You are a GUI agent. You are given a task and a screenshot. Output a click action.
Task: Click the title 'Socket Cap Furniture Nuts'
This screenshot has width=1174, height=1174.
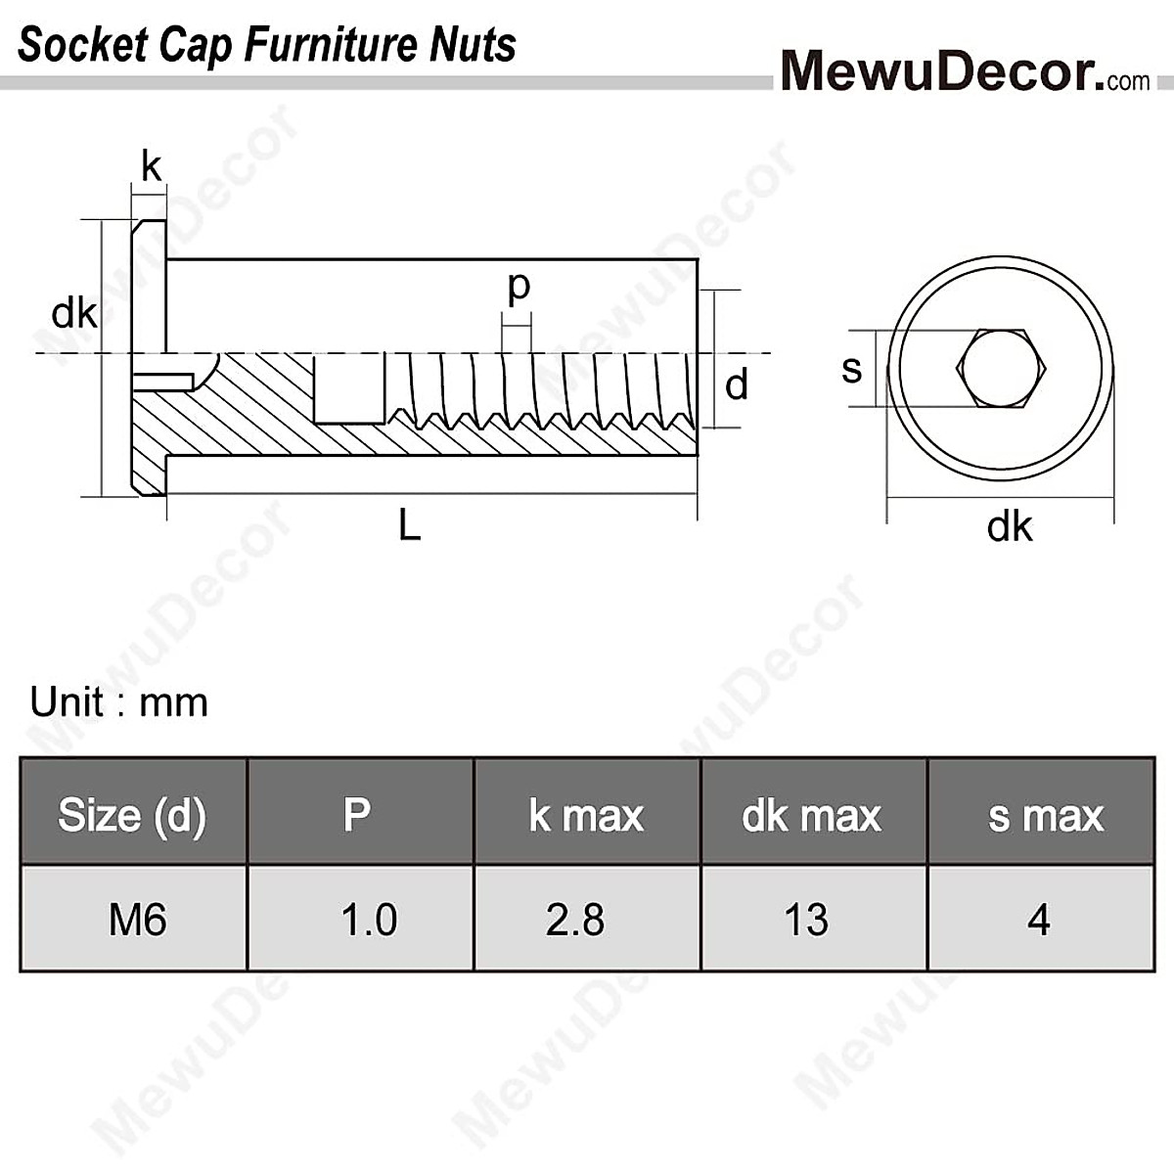(x=266, y=45)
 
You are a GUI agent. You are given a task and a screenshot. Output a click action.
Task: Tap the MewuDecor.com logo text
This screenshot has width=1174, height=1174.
(x=965, y=70)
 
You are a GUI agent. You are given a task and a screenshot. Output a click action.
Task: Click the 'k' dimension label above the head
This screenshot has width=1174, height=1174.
(x=151, y=167)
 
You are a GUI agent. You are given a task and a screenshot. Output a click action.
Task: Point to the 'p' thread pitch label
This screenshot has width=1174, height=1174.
(x=519, y=287)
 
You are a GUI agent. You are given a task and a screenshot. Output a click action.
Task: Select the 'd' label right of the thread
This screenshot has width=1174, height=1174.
(x=737, y=384)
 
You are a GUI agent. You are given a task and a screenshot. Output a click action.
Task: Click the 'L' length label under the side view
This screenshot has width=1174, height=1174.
(x=409, y=526)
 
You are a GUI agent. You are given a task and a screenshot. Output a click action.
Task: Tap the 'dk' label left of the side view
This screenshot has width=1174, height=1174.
(x=74, y=314)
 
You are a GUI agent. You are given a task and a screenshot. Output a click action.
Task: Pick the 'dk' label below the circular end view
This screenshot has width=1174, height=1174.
(x=1009, y=527)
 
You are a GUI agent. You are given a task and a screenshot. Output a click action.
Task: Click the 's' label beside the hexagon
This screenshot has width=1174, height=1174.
(x=852, y=369)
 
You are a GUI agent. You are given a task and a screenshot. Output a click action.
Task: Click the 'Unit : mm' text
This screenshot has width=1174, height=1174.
(x=119, y=702)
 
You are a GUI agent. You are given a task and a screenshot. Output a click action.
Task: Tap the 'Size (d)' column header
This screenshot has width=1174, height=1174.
(x=132, y=814)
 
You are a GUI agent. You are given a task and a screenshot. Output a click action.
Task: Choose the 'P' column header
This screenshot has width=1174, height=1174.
(x=358, y=814)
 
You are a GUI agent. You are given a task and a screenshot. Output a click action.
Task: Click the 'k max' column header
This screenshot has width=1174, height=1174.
(x=586, y=815)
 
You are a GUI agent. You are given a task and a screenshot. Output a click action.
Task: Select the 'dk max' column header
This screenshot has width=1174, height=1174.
(x=811, y=815)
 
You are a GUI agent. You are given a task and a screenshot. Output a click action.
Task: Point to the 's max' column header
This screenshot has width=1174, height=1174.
(x=1045, y=815)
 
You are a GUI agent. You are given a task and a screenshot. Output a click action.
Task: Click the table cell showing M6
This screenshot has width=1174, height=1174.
(x=137, y=920)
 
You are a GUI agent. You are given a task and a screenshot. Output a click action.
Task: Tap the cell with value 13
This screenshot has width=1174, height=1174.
(x=806, y=920)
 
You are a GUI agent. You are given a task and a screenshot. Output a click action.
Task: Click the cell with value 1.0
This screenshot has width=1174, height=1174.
(x=369, y=920)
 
